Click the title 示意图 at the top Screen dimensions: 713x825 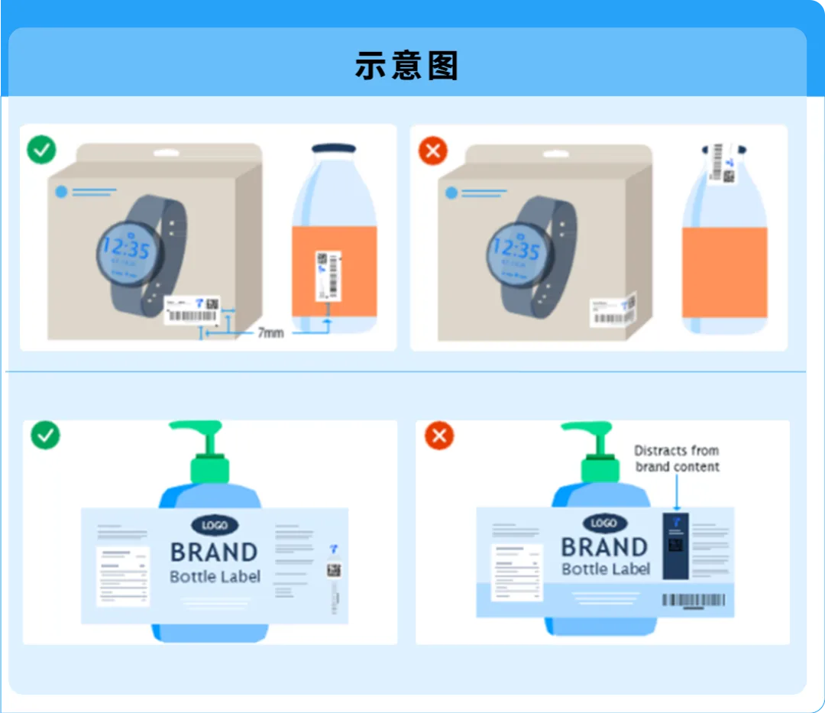(406, 66)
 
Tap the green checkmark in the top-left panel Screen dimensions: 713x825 (41, 149)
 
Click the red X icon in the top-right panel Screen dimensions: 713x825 (432, 151)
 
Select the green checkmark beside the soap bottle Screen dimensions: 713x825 (45, 435)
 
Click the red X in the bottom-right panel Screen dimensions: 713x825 (439, 436)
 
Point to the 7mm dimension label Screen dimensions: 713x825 (270, 332)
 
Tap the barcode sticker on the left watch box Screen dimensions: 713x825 (192, 310)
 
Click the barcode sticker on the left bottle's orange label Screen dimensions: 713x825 (328, 274)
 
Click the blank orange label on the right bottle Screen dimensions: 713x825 (724, 272)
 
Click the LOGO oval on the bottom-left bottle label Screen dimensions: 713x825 (215, 525)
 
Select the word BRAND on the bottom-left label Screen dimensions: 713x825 (214, 552)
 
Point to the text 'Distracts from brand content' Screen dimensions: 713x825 (677, 459)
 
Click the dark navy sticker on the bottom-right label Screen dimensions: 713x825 (675, 546)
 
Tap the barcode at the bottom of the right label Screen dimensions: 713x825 (694, 601)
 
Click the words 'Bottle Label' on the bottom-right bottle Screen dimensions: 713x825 (606, 569)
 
